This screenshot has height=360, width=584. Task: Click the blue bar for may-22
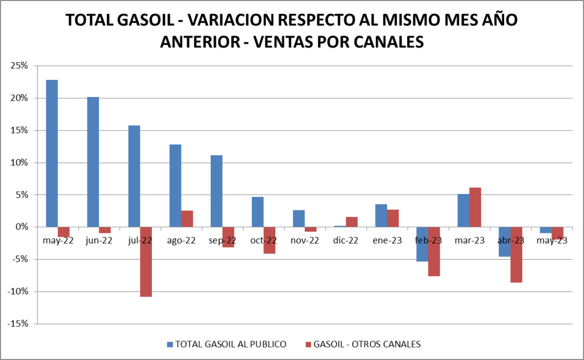52,153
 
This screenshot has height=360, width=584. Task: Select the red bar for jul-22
146,262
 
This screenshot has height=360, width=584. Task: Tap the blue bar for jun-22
93,162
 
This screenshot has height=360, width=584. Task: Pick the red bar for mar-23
475,207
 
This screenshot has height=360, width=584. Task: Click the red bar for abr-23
516,254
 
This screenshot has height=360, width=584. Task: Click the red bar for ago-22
187,219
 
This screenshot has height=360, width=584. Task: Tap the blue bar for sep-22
216,191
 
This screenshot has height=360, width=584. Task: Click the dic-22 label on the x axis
346,241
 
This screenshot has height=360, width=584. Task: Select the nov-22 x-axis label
305,241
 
